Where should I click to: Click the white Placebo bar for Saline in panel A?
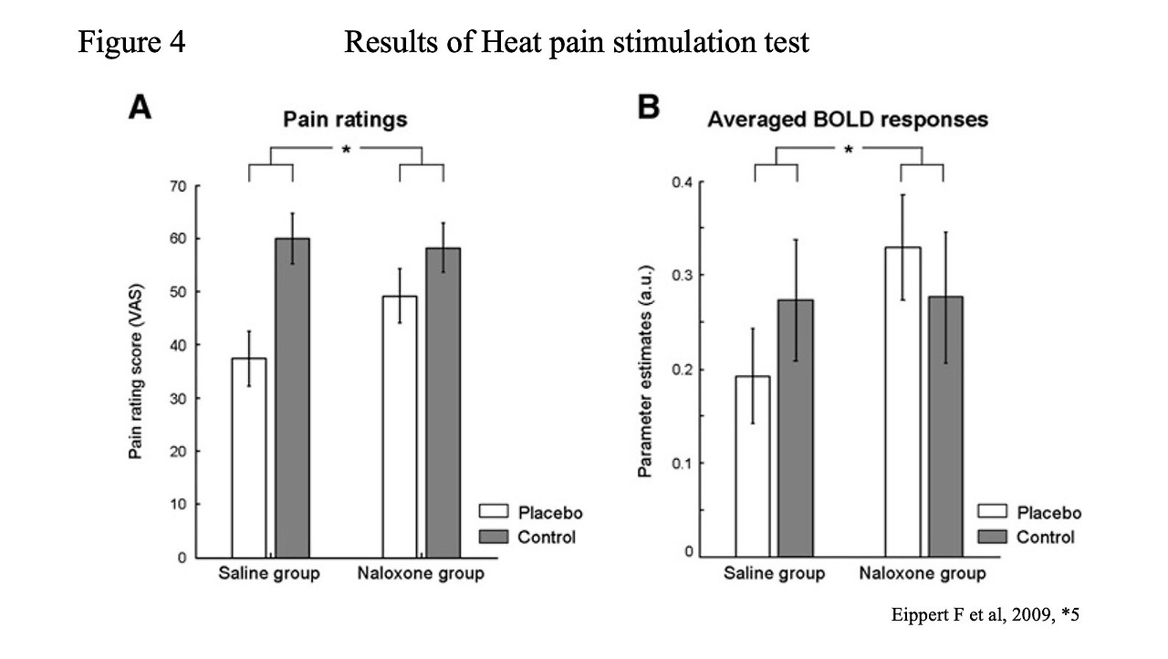click(248, 456)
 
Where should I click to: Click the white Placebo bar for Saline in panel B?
click(753, 465)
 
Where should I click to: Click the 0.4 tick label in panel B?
click(682, 182)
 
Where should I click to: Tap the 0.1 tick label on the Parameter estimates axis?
click(682, 463)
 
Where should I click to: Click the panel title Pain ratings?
click(345, 120)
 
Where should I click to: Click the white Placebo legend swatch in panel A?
click(493, 512)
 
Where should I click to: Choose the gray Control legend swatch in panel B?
click(992, 537)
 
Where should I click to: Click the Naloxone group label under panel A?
click(421, 574)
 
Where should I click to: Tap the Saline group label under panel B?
click(774, 574)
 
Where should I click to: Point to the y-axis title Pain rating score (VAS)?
click(136, 371)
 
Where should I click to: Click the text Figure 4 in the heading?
click(131, 41)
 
